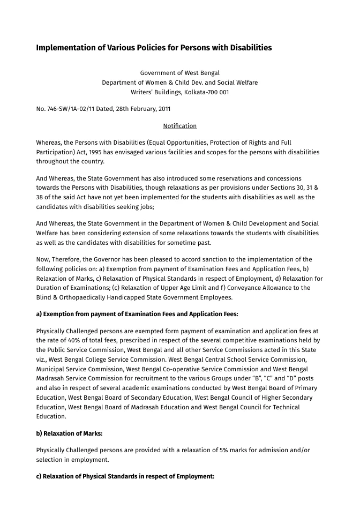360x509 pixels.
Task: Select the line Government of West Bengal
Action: click(179, 73)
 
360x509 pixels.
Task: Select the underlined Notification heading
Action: click(179, 126)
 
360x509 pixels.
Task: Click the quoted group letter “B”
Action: click(264, 379)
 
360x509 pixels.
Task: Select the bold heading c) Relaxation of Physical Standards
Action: click(125, 476)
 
